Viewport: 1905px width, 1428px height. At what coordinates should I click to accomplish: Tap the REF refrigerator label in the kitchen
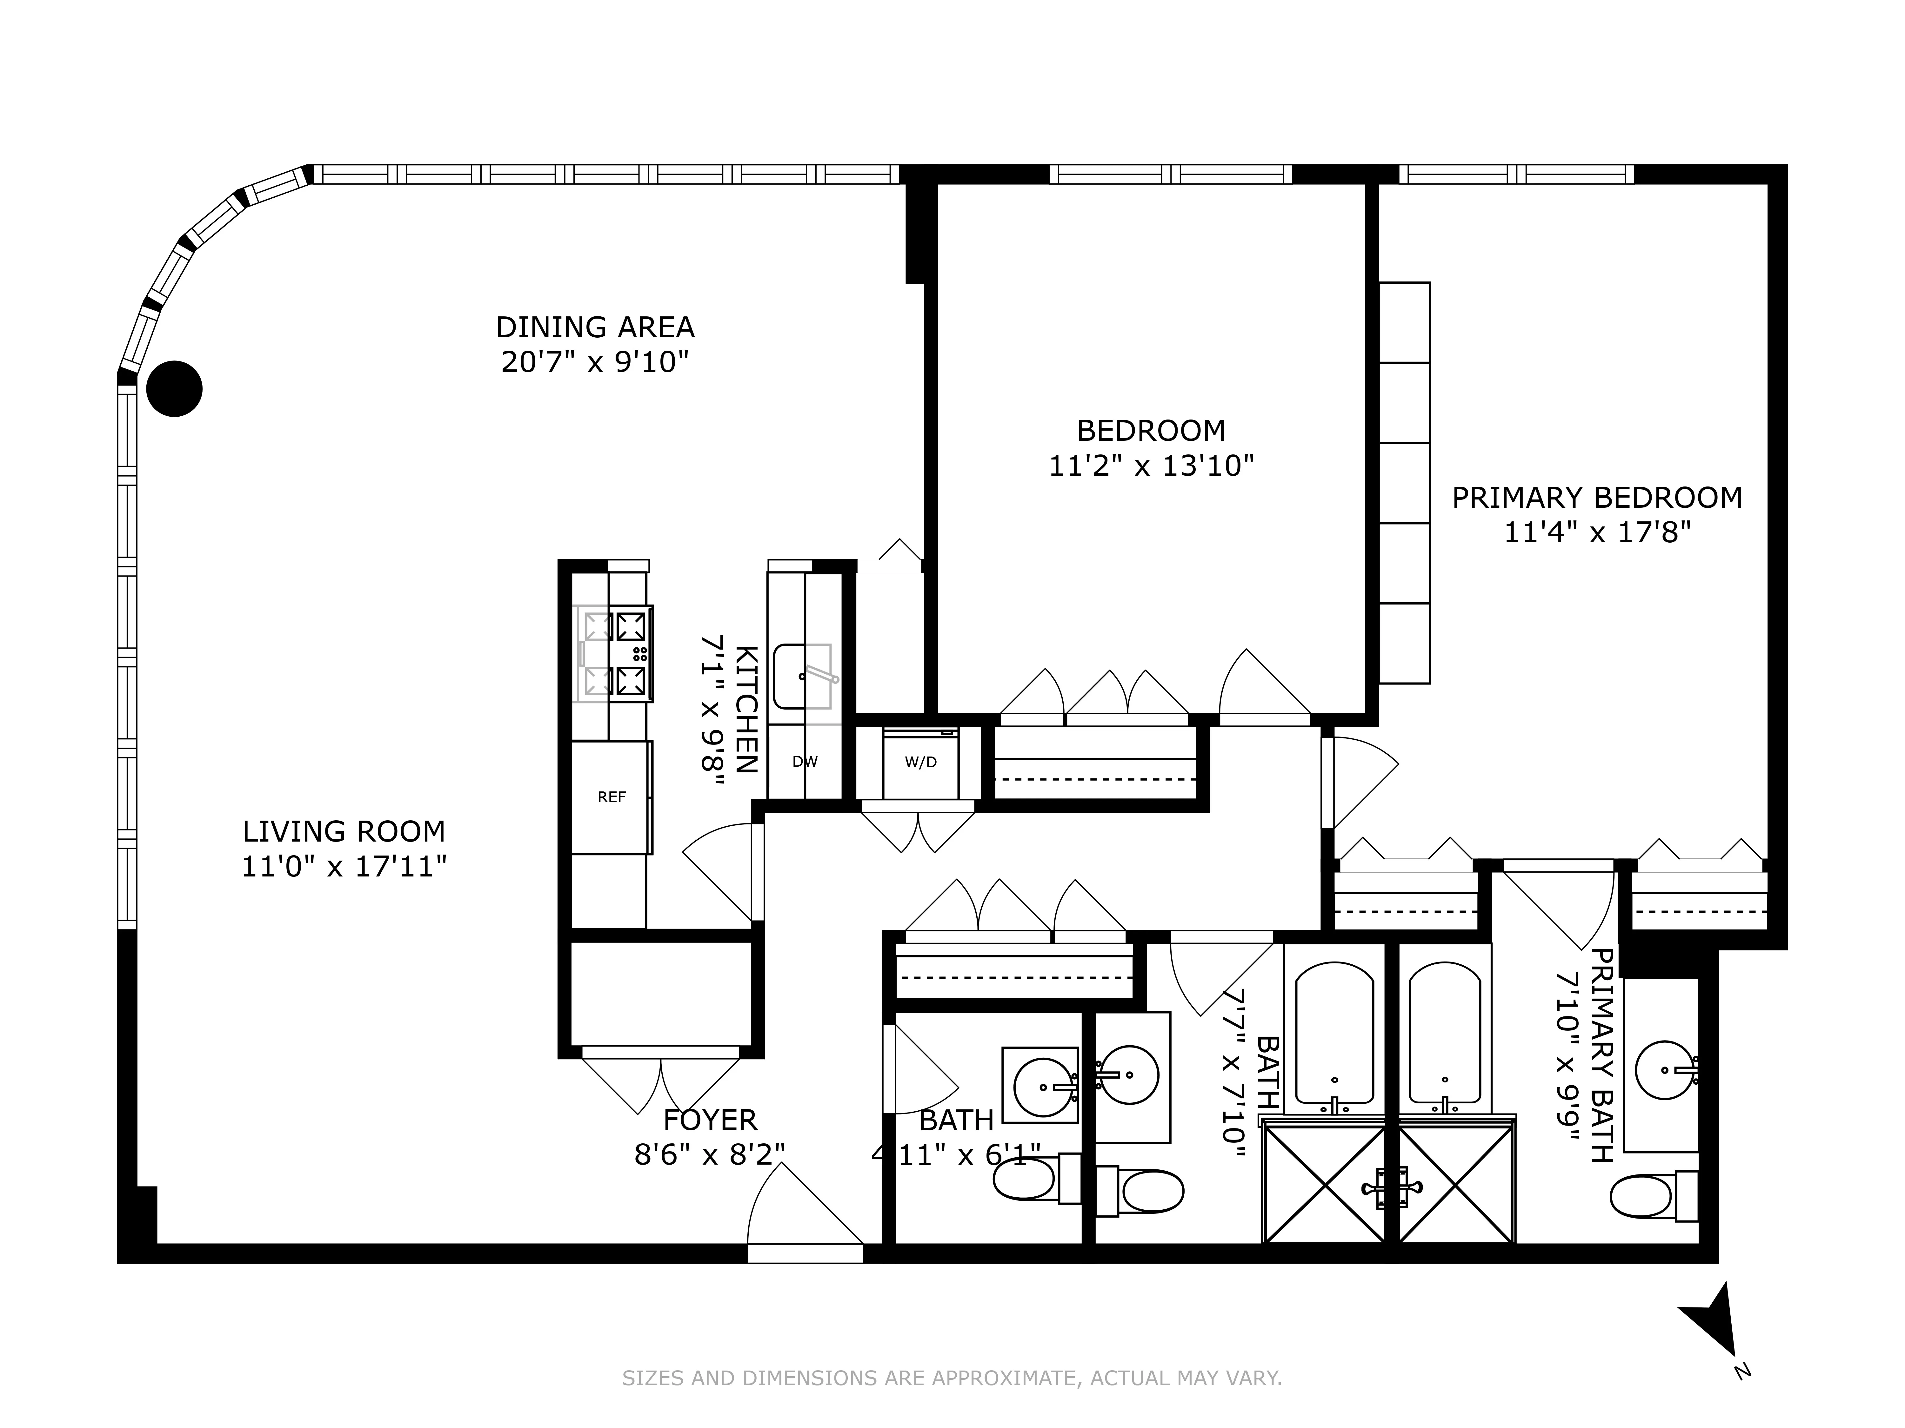pos(612,797)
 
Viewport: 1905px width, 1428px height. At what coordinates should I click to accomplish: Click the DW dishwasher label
pos(804,762)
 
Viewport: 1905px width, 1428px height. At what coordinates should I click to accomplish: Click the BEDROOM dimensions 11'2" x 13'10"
pos(1151,466)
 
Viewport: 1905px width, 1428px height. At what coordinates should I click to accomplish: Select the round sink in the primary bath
pos(1664,1070)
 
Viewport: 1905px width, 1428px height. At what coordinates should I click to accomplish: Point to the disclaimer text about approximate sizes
pos(952,1378)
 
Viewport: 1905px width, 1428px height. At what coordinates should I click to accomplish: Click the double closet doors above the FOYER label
pos(660,1083)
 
